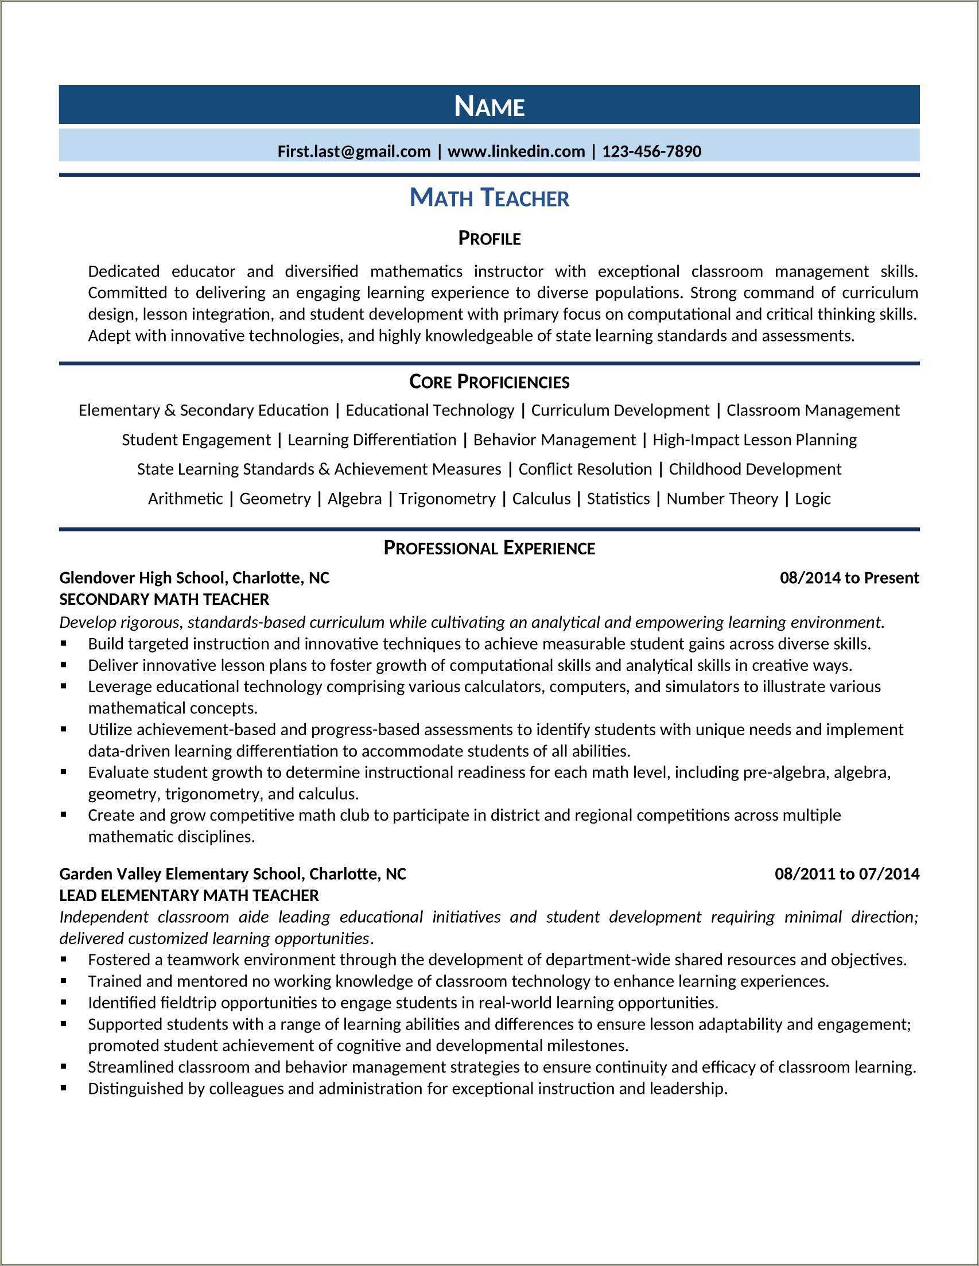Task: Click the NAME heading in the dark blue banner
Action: pyautogui.click(x=489, y=106)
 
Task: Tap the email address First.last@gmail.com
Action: pyautogui.click(x=353, y=152)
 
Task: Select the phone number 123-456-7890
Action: pyautogui.click(x=651, y=152)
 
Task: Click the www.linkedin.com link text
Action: pyautogui.click(x=516, y=152)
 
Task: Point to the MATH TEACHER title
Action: pyautogui.click(x=489, y=198)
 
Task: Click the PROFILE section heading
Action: pyautogui.click(x=489, y=238)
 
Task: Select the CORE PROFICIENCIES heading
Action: pyautogui.click(x=489, y=382)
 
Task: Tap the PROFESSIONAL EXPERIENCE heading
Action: pyautogui.click(x=489, y=548)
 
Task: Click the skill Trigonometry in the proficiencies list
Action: pyautogui.click(x=447, y=499)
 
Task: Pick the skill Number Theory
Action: pyautogui.click(x=722, y=499)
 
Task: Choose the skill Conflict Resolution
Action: pyautogui.click(x=585, y=469)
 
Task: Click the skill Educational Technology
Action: pyautogui.click(x=429, y=410)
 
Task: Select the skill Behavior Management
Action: pyautogui.click(x=554, y=440)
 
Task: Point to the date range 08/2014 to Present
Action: pyautogui.click(x=849, y=578)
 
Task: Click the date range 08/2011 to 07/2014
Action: pyautogui.click(x=847, y=873)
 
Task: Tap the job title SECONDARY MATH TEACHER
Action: pyautogui.click(x=164, y=599)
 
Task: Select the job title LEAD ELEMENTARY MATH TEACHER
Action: pyautogui.click(x=189, y=896)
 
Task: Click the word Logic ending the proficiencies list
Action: pyautogui.click(x=813, y=499)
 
